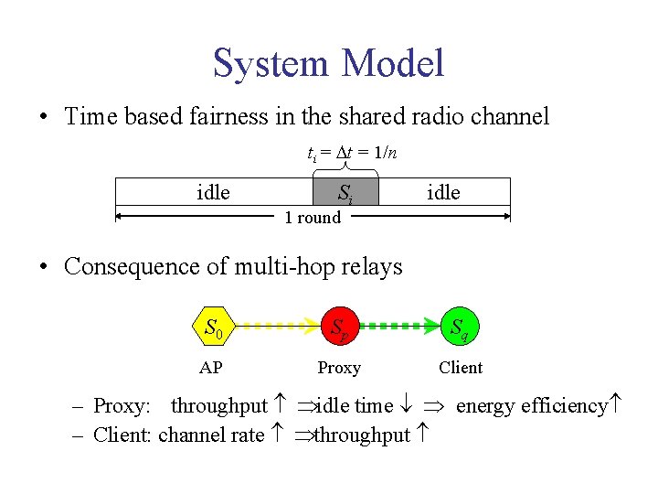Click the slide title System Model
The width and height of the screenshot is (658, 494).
328,63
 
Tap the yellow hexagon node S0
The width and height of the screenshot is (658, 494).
215,325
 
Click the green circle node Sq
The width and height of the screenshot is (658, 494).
460,325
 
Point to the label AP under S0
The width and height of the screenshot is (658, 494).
211,368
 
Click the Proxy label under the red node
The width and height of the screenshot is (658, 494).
339,368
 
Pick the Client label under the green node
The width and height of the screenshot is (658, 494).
461,368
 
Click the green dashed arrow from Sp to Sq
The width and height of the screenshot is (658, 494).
399,325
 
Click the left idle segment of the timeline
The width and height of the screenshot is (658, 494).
213,193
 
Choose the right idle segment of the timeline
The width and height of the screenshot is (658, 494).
443,193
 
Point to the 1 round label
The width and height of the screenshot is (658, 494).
313,218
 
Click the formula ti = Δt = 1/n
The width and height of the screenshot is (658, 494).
351,152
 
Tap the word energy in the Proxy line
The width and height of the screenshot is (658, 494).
483,405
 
